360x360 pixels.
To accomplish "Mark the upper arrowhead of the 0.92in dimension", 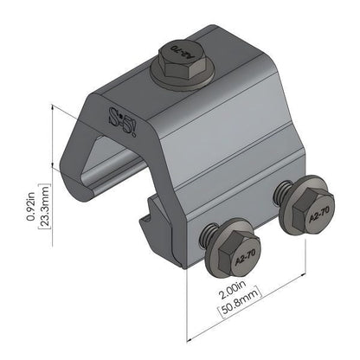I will pyautogui.click(x=55, y=108).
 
